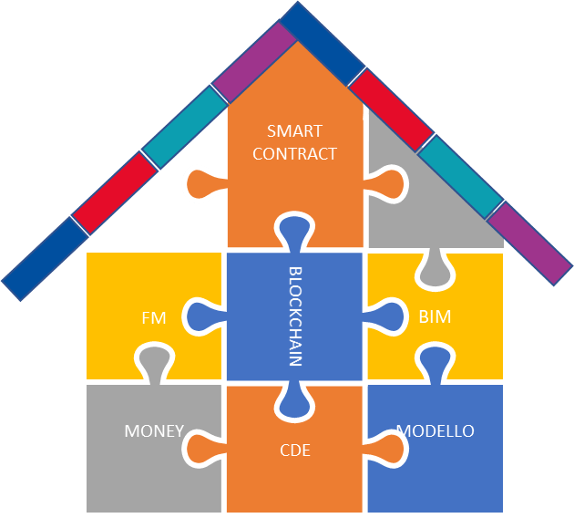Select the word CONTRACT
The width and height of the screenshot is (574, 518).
pos(294,153)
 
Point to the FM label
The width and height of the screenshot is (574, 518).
pos(153,318)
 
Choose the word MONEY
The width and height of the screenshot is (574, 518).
pos(154,430)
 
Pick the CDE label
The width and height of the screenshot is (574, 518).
pos(295,448)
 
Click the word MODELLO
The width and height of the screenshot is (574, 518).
pos(436,430)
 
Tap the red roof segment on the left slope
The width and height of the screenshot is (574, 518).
pos(114,192)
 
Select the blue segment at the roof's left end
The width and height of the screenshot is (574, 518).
pos(46,258)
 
